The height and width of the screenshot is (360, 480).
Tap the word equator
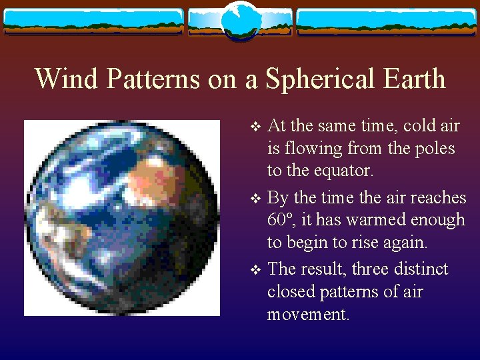coord(347,171)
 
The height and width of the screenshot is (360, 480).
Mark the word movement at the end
coord(307,315)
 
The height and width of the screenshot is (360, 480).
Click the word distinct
coord(425,269)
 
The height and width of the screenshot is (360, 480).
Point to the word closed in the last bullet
coord(289,292)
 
